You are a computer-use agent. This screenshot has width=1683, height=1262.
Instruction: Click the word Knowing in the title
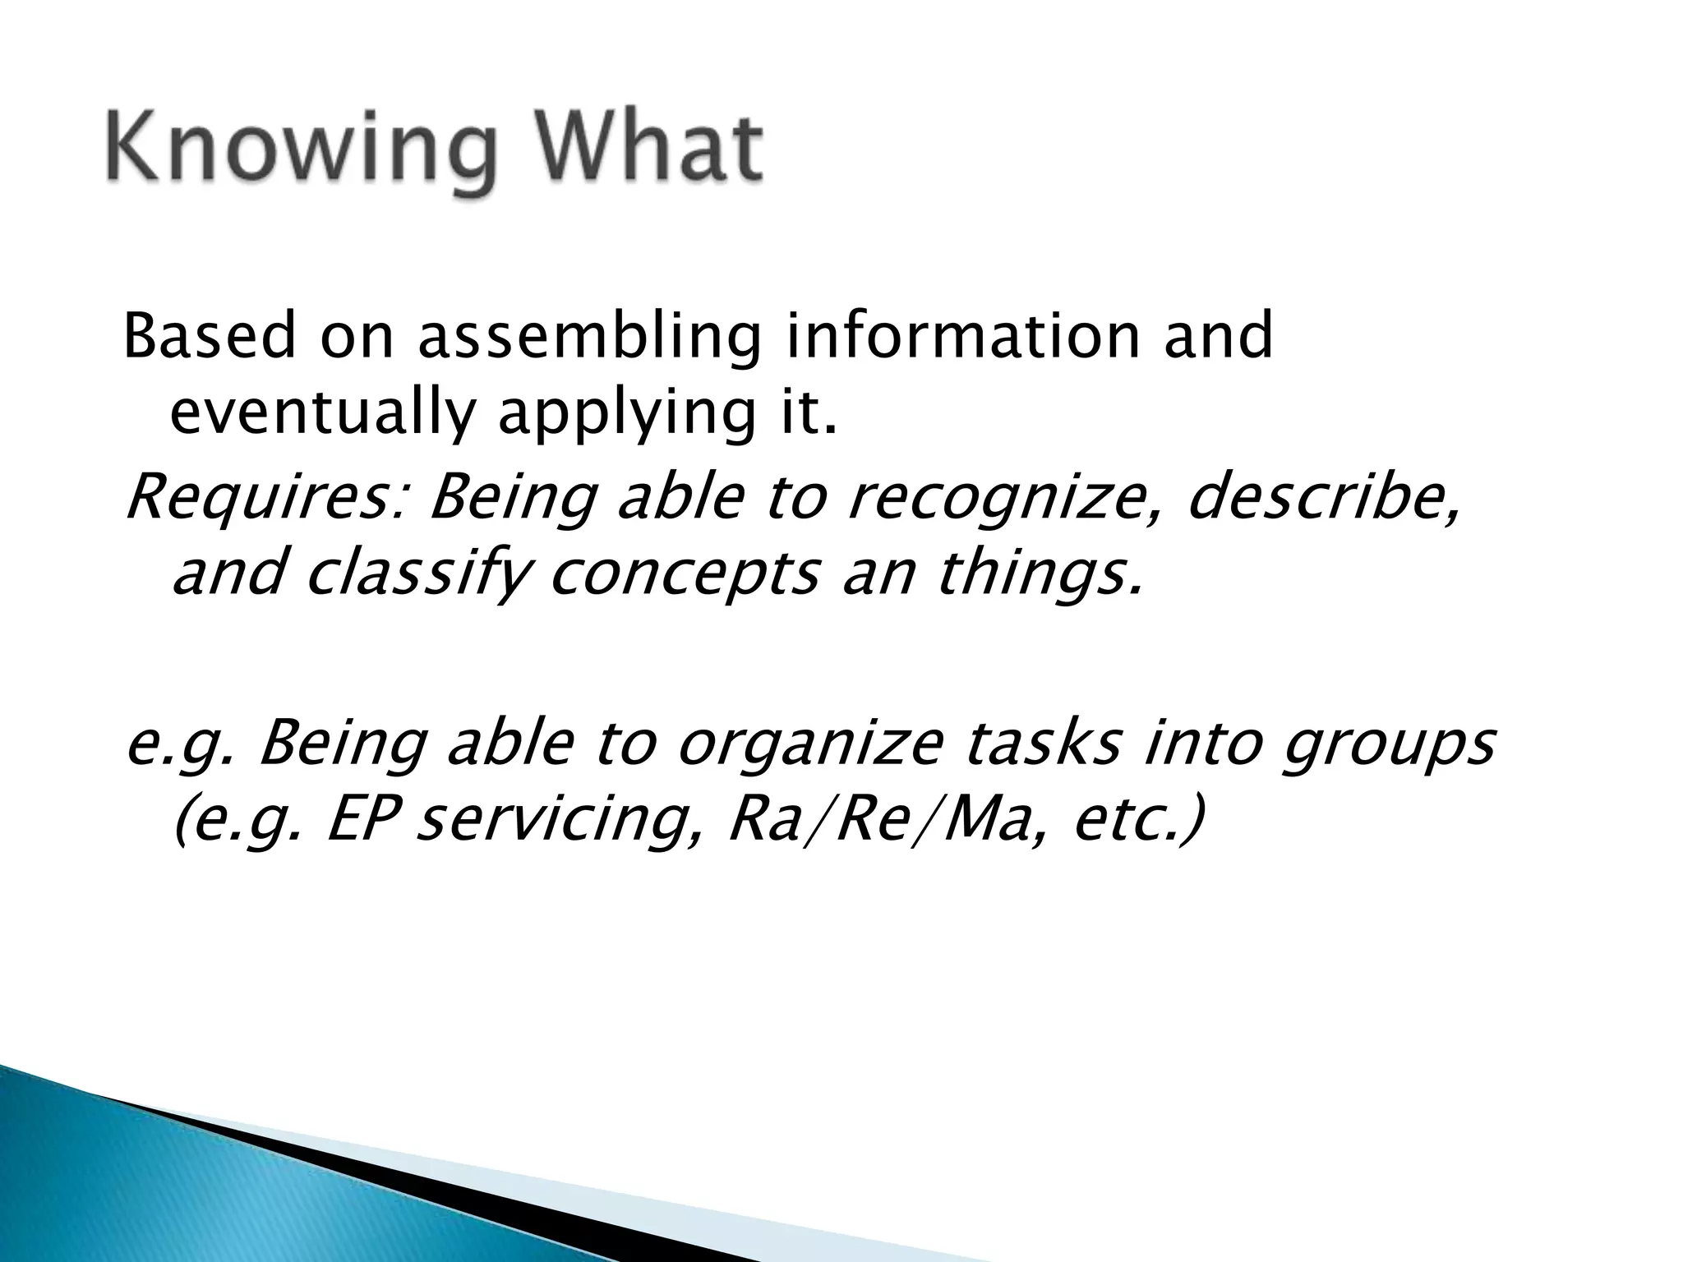(x=299, y=152)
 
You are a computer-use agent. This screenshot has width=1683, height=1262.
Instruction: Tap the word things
(x=1039, y=575)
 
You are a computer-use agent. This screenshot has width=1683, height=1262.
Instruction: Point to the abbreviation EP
(x=366, y=822)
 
